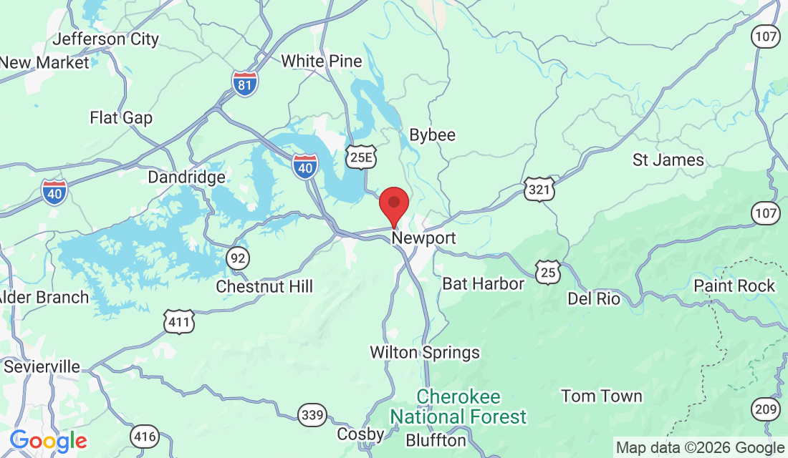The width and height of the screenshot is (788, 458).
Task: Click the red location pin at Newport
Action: pyautogui.click(x=393, y=204)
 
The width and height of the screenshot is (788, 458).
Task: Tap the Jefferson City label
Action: pyautogui.click(x=106, y=39)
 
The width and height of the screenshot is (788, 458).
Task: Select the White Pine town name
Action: pyautogui.click(x=322, y=61)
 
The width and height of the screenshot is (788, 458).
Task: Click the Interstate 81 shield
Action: pyautogui.click(x=245, y=84)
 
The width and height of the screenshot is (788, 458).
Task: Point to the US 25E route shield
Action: pyautogui.click(x=360, y=157)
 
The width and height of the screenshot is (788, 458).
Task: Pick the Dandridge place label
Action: pyautogui.click(x=186, y=177)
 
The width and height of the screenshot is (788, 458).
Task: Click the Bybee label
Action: pyautogui.click(x=432, y=135)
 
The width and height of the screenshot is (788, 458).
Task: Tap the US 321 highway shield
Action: pyautogui.click(x=538, y=189)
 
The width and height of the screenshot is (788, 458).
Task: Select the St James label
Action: pyautogui.click(x=668, y=160)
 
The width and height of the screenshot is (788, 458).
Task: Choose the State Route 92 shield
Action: pyautogui.click(x=237, y=258)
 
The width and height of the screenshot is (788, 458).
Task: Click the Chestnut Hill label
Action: pyautogui.click(x=265, y=286)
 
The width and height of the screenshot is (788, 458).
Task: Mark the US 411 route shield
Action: pyautogui.click(x=178, y=322)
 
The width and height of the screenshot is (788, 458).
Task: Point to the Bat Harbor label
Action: pyautogui.click(x=483, y=283)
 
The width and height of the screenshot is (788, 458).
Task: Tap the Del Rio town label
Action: pyautogui.click(x=593, y=298)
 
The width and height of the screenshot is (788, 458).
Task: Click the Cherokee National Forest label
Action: pyautogui.click(x=458, y=406)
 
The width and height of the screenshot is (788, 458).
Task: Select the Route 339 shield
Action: pyautogui.click(x=312, y=414)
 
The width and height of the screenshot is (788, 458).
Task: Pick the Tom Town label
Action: pyautogui.click(x=602, y=396)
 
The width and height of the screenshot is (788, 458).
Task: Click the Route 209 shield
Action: pyautogui.click(x=766, y=409)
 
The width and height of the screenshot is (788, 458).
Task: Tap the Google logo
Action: pyautogui.click(x=48, y=441)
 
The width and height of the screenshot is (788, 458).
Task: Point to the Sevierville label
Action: pyautogui.click(x=42, y=366)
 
